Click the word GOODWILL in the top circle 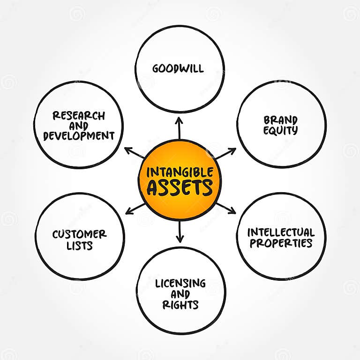pyautogui.click(x=178, y=68)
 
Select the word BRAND pyautogui.click(x=280, y=120)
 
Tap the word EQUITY pyautogui.click(x=280, y=131)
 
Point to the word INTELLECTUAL pyautogui.click(x=281, y=232)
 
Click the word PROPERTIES pyautogui.click(x=281, y=243)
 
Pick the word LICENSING pyautogui.click(x=180, y=283)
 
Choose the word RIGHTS pyautogui.click(x=180, y=305)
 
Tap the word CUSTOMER pyautogui.click(x=79, y=233)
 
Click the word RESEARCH pyautogui.click(x=79, y=115)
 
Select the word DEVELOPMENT pyautogui.click(x=79, y=136)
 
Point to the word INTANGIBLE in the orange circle pyautogui.click(x=180, y=172)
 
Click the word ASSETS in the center pyautogui.click(x=180, y=187)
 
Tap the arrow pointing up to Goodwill pyautogui.click(x=179, y=127)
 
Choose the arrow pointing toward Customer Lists pyautogui.click(x=135, y=209)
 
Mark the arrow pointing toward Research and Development pyautogui.click(x=135, y=153)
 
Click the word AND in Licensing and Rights pyautogui.click(x=180, y=294)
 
